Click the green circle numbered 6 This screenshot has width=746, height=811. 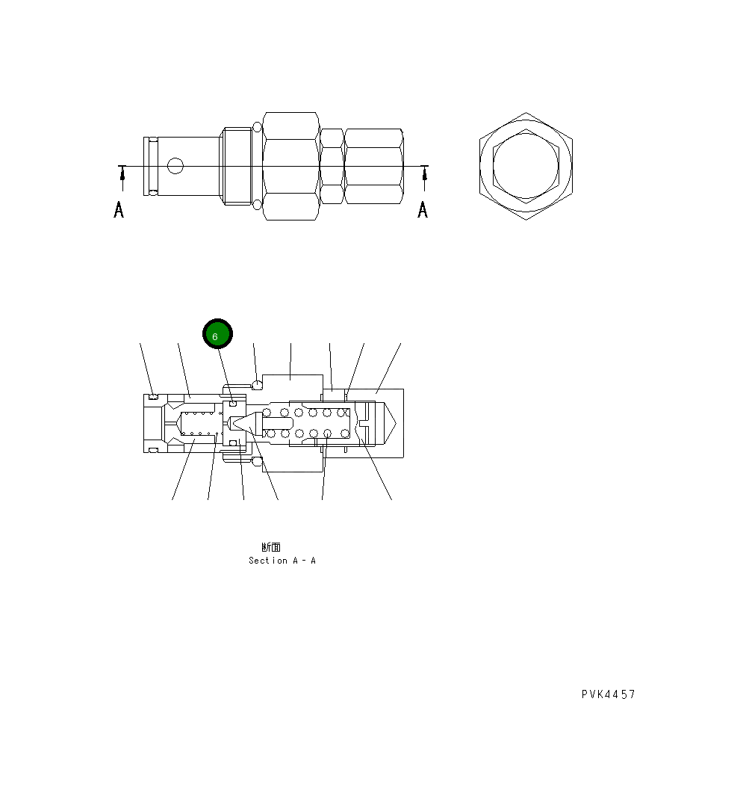click(217, 334)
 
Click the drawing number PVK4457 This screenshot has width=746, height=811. click(609, 694)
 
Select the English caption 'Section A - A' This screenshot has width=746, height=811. click(282, 561)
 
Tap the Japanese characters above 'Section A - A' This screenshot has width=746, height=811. click(271, 547)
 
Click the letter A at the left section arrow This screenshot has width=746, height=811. click(119, 210)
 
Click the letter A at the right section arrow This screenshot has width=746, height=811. click(423, 210)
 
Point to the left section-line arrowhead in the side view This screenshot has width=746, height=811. click(122, 174)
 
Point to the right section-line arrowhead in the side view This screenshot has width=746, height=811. click(425, 174)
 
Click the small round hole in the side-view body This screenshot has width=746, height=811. click(175, 166)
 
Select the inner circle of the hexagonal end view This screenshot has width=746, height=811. click(526, 166)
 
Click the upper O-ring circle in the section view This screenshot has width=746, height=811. click(257, 385)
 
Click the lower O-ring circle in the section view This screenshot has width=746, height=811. click(257, 463)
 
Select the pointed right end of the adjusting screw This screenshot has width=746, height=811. click(393, 423)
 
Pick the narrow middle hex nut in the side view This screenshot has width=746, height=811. click(332, 166)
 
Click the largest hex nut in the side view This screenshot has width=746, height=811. click(291, 166)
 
